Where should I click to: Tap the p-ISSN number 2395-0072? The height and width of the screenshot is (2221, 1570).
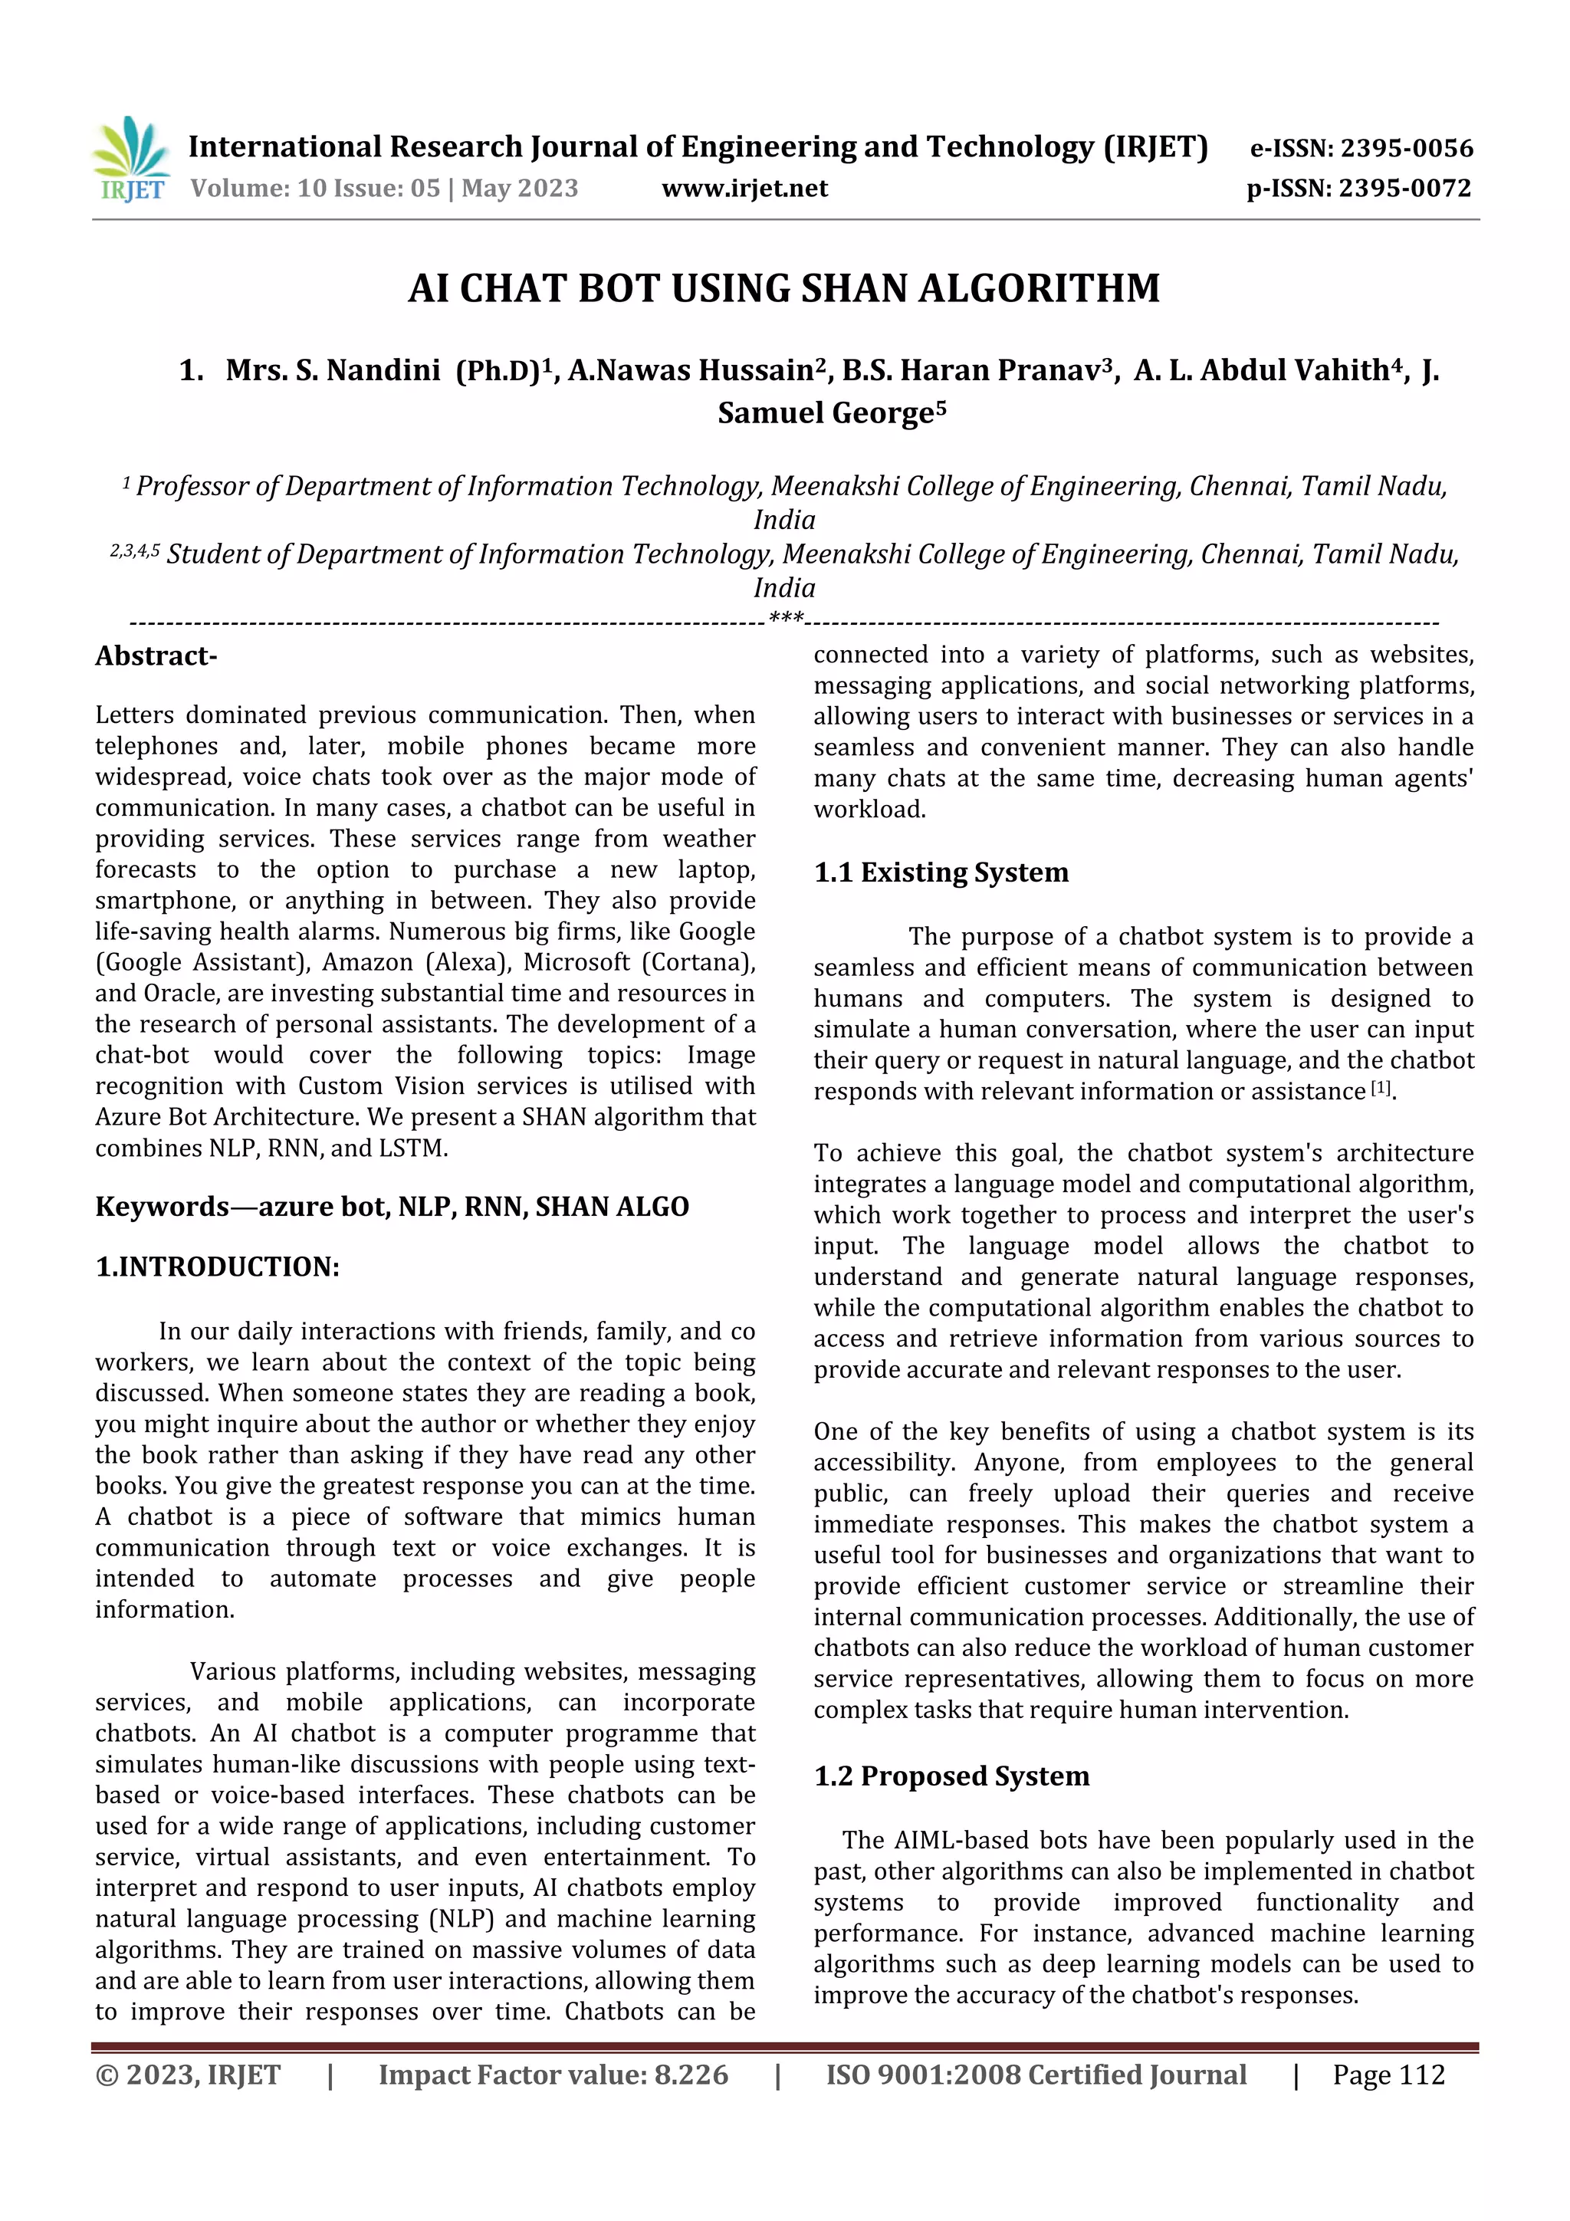click(x=1404, y=189)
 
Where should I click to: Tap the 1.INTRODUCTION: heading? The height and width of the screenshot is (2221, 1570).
click(x=217, y=1267)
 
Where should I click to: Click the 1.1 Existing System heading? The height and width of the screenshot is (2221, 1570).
click(x=941, y=872)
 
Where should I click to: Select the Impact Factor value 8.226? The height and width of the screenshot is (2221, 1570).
click(x=691, y=2075)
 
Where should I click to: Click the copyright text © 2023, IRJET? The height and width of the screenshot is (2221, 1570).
click(x=188, y=2075)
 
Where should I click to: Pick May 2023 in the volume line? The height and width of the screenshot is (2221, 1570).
click(x=520, y=189)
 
